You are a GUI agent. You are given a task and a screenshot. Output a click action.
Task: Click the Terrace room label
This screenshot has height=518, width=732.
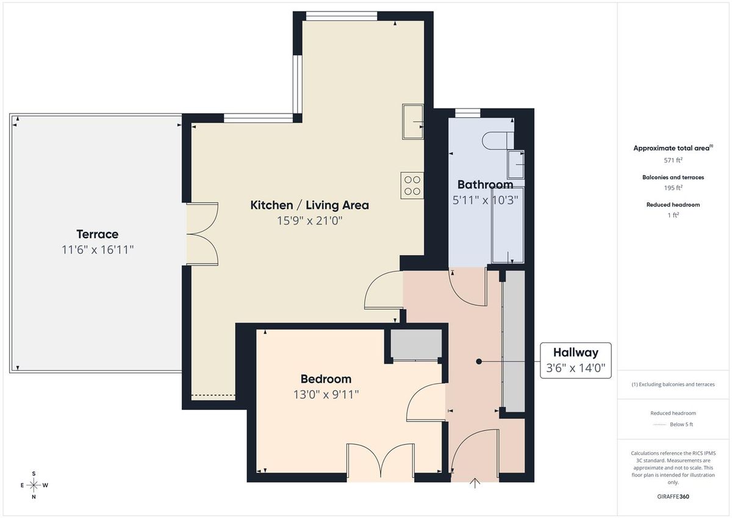97,234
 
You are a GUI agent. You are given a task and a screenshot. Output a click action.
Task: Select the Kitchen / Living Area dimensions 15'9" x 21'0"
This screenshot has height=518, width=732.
309,221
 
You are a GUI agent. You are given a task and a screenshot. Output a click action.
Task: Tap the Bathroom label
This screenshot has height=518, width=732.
485,184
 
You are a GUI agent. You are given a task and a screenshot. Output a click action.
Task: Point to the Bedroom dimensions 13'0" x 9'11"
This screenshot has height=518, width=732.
326,394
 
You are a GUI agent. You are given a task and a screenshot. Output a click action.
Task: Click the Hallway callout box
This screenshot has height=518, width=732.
575,361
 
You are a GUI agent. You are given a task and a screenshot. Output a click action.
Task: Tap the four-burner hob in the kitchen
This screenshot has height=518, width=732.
412,185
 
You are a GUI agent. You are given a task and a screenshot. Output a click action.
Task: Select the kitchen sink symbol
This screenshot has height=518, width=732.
413,121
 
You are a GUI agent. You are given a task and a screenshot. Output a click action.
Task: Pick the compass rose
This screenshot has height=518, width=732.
34,485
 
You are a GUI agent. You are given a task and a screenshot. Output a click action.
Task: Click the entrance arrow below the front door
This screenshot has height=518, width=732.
475,483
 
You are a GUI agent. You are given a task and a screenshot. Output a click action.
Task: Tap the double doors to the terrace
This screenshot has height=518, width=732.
202,234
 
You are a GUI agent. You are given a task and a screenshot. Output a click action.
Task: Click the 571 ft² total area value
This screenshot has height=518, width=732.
673,160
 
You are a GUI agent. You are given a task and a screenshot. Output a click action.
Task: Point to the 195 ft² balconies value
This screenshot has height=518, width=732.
673,188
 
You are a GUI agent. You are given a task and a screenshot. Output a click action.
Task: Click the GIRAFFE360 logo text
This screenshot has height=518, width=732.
673,497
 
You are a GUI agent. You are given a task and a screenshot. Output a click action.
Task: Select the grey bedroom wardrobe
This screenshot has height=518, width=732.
415,344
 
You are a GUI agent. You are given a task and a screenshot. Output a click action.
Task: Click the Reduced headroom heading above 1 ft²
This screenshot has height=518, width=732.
673,205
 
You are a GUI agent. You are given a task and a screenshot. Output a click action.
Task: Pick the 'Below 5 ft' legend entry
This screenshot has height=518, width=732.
682,425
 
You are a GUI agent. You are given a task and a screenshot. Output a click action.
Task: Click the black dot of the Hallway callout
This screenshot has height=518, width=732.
479,362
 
